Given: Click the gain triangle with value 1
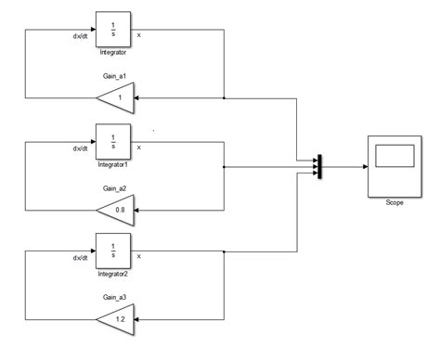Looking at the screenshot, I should pos(117,97).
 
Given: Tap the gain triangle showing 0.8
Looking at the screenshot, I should pos(117,209).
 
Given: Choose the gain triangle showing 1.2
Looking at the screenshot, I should pos(117,320).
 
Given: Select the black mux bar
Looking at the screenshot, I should pos(319,166).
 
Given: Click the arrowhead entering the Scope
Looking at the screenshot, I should pos(362,167).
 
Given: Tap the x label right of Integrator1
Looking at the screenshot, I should pos(139,147).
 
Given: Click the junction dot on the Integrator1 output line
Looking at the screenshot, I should pos(225,167).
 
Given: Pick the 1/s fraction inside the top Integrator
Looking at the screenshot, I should pos(113,28).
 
